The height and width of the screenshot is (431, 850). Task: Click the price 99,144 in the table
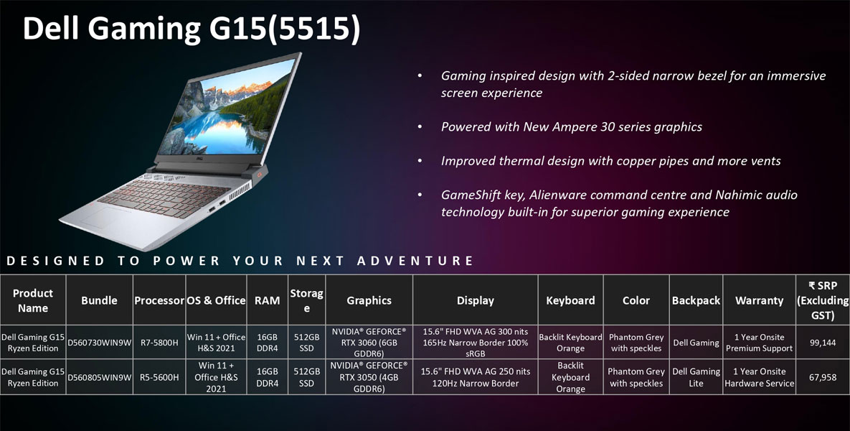tap(822, 343)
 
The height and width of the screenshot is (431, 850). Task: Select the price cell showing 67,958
tap(822, 377)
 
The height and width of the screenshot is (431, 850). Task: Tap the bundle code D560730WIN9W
tap(99, 343)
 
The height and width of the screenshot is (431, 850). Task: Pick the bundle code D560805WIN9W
tap(99, 377)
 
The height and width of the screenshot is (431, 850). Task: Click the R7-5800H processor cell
tap(159, 343)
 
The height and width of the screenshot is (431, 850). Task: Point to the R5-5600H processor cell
tap(159, 377)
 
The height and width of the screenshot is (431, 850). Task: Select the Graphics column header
tap(369, 301)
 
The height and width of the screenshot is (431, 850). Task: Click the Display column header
tap(476, 301)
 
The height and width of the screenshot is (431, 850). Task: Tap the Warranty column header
tap(759, 301)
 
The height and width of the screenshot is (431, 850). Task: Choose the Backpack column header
tap(696, 301)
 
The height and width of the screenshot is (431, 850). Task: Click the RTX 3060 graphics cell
tap(369, 343)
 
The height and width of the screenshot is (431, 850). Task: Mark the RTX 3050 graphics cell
tap(369, 377)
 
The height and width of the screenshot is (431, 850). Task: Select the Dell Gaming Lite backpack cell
tap(696, 377)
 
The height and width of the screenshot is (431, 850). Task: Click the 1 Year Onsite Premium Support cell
tap(759, 343)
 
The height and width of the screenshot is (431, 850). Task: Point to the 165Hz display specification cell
tap(476, 343)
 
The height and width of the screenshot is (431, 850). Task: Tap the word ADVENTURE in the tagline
tap(415, 261)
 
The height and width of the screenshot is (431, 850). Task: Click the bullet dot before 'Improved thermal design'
tap(420, 161)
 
